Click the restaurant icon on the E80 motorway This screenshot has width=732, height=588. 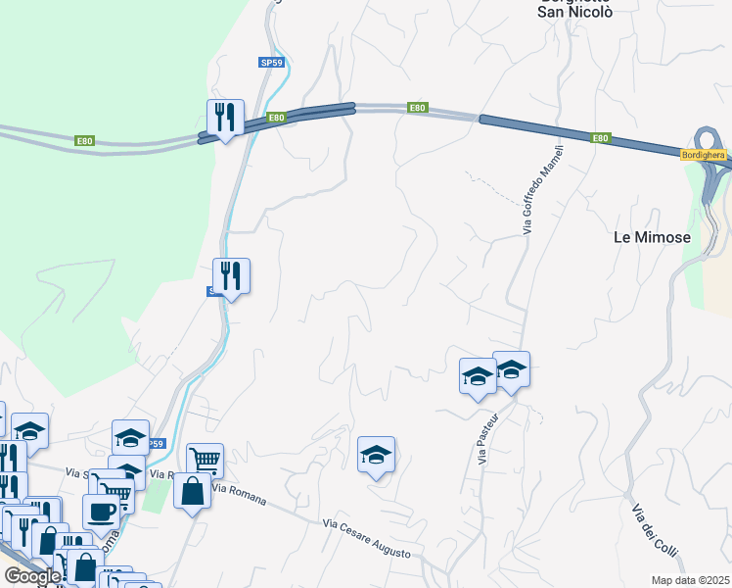click(226, 119)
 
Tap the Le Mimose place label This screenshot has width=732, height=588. click(652, 237)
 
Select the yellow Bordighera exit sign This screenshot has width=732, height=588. click(704, 155)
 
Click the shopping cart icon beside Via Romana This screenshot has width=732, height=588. click(205, 460)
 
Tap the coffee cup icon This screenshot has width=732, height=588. click(101, 510)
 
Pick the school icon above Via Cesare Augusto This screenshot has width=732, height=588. click(376, 455)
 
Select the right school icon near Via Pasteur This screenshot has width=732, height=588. click(511, 370)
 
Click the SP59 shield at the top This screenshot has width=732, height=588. click(272, 62)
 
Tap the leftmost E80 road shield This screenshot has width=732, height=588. click(84, 141)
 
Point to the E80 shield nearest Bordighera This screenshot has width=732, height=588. click(601, 138)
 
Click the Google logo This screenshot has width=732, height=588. click(32, 577)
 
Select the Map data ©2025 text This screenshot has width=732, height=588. click(691, 580)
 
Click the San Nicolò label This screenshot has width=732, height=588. click(576, 13)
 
